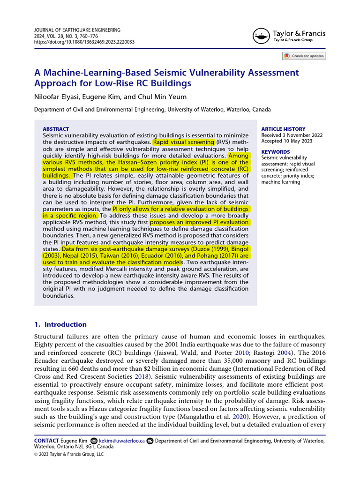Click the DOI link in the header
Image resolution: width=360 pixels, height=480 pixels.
coord(85,42)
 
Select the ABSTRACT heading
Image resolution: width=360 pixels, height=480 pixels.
coord(56,129)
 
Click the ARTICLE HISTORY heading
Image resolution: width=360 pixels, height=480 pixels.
coord(283,129)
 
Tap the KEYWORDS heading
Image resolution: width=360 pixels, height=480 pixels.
coord(275,152)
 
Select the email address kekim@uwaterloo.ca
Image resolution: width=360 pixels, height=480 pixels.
coord(127,441)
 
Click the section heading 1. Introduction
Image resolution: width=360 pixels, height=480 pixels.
coord(60,324)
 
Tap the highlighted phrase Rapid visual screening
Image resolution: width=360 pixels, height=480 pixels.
coord(184,142)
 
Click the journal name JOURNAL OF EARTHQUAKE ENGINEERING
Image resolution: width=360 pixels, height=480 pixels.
coord(77,30)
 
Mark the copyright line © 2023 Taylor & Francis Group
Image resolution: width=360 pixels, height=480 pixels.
coord(69,454)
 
